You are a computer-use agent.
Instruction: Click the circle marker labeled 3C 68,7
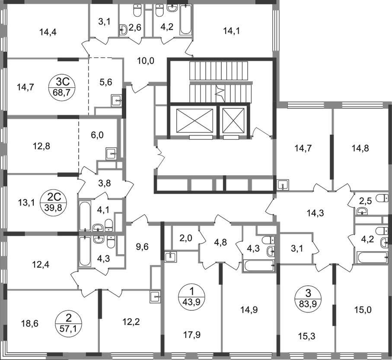[62, 87]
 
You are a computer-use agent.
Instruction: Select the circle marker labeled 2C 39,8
[53, 202]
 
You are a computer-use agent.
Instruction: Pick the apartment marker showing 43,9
[191, 297]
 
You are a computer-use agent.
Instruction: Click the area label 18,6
[30, 324]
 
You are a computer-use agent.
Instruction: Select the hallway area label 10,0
[146, 61]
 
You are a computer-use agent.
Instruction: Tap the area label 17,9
[192, 335]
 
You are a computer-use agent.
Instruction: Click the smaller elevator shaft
[233, 120]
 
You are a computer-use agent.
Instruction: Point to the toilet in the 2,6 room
[137, 10]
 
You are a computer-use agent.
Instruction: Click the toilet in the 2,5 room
[382, 198]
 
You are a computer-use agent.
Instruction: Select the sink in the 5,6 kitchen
[117, 101]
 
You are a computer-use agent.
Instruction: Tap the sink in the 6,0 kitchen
[112, 154]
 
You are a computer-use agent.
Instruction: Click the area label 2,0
[186, 238]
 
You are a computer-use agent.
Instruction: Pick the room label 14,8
[360, 148]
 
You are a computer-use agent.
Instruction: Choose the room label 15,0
[363, 310]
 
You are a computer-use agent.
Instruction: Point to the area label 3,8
[105, 183]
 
